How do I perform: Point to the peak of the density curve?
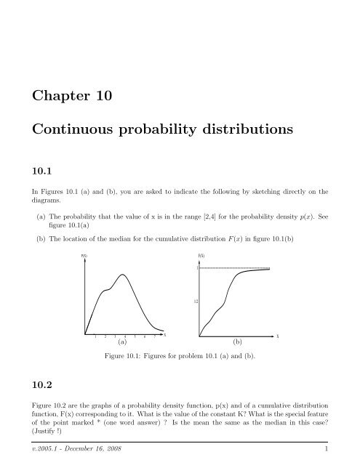tap(124, 275)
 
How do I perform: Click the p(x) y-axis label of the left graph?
tap(84, 255)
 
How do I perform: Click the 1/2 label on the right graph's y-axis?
tap(195, 300)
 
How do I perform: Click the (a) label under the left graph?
tap(121, 339)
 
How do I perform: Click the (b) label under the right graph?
tap(237, 339)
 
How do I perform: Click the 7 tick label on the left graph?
tap(155, 336)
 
